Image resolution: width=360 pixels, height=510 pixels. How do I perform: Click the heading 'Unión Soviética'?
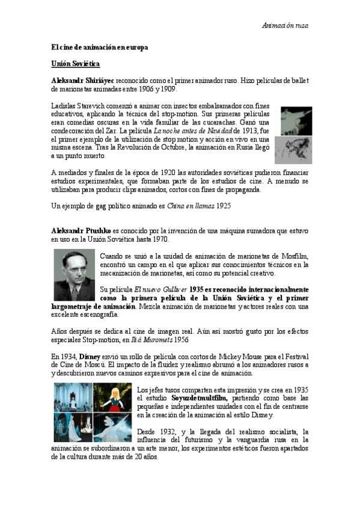pos(75,63)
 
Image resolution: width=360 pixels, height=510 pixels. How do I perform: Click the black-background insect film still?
pos(296,121)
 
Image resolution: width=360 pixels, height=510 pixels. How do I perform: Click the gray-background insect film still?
pos(293,150)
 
